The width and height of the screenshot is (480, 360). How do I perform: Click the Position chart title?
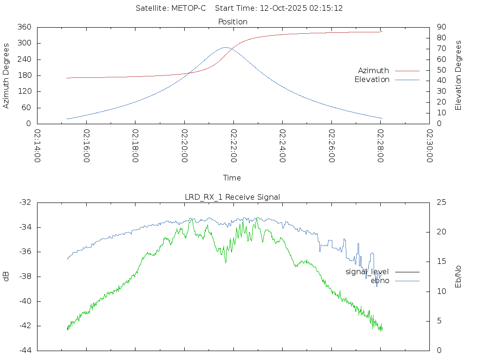[x=233, y=22]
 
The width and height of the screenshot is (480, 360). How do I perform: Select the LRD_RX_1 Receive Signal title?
[x=232, y=197]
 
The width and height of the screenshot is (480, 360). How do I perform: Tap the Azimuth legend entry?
[x=374, y=71]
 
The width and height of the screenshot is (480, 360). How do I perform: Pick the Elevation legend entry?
[x=372, y=80]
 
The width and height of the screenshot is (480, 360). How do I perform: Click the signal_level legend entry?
[x=367, y=272]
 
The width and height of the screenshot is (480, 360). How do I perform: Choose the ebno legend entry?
[x=380, y=281]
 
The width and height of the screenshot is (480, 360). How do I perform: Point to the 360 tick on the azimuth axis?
[x=24, y=27]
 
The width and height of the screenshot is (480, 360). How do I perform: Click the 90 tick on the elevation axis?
[x=440, y=27]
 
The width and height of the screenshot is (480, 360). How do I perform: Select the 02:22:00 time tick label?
[x=233, y=146]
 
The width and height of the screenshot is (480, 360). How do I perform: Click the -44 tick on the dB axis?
[x=25, y=350]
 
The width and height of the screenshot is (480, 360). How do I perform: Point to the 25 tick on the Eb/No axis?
[x=440, y=202]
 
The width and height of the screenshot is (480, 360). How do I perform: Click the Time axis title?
[x=232, y=178]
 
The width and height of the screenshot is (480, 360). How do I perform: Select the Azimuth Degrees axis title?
[x=7, y=75]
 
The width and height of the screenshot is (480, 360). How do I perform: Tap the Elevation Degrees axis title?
[x=459, y=75]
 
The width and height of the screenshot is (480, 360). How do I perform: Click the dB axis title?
[x=7, y=277]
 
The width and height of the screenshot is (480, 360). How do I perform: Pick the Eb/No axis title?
[x=459, y=277]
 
